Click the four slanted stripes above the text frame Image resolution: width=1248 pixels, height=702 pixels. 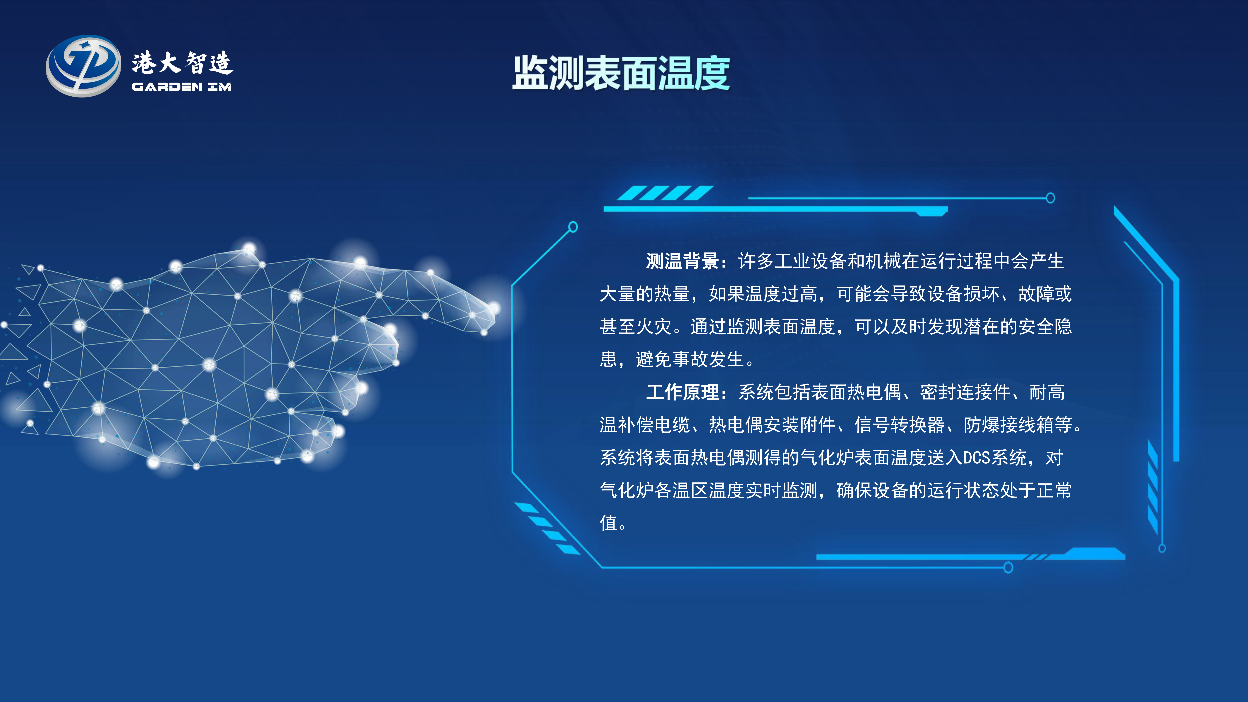pyautogui.click(x=665, y=193)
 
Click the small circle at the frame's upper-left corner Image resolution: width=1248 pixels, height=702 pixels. pyautogui.click(x=573, y=227)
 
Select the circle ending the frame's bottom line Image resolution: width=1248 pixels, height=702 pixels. pyautogui.click(x=1008, y=568)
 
